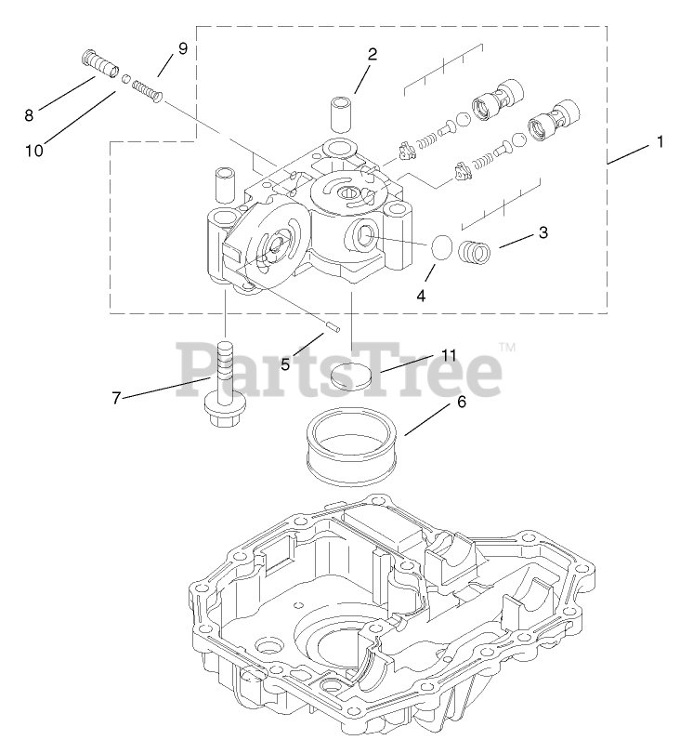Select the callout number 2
point(372,54)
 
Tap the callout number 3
point(543,232)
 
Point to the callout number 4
point(420,296)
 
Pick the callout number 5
point(285,364)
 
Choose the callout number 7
point(117,398)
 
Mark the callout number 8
point(29,115)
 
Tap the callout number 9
point(182,48)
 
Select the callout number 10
point(34,150)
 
